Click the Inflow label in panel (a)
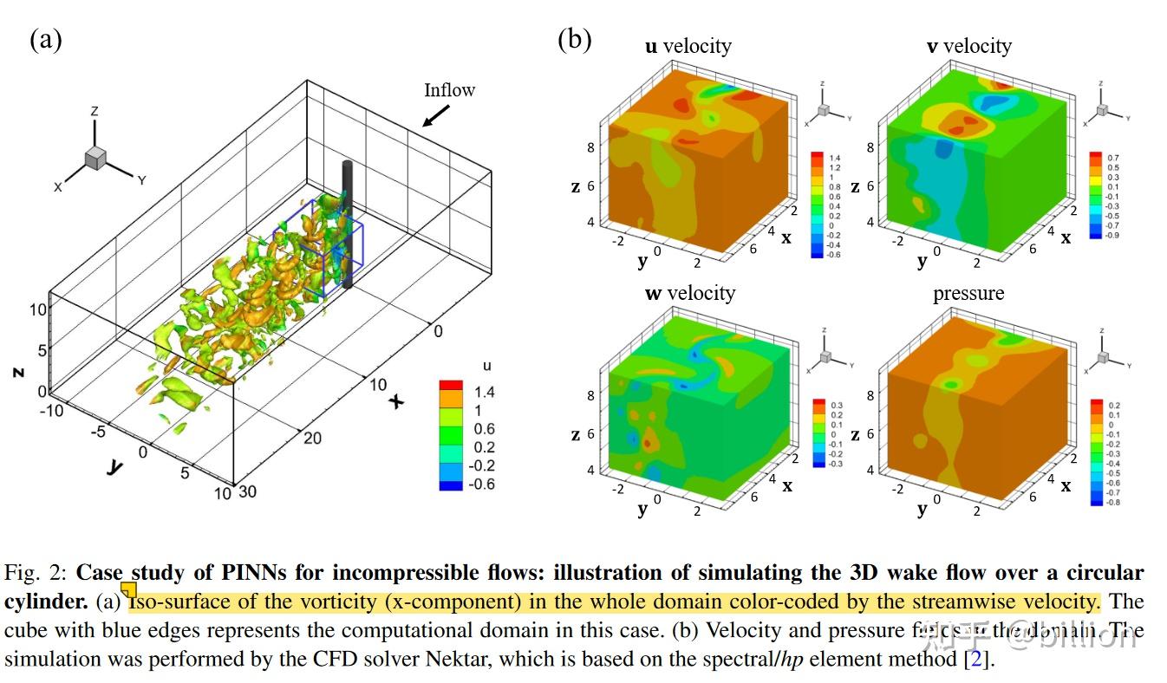coord(449,90)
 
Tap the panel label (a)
coord(46,40)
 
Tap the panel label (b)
coord(575,40)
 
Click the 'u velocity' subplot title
coord(688,46)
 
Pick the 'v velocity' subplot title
coord(968,46)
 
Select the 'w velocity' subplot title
coord(689,293)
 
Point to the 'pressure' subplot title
coord(968,293)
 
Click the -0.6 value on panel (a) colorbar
coord(480,485)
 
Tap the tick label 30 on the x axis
coord(246,492)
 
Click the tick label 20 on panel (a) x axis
coord(312,439)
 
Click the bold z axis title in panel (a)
coord(17,371)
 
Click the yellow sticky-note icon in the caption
coord(128,589)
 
